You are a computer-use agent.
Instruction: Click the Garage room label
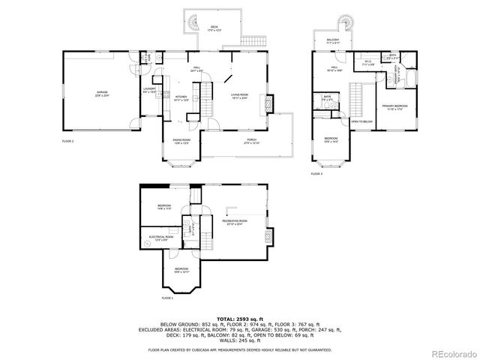[x=101, y=94]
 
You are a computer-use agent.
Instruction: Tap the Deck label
[x=214, y=27]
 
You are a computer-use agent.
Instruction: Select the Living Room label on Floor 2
[x=240, y=95]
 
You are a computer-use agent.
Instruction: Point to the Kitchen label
[x=181, y=97]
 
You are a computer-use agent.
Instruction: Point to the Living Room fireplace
[x=272, y=103]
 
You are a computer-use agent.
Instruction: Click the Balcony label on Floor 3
[x=333, y=40]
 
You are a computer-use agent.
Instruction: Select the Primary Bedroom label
[x=394, y=107]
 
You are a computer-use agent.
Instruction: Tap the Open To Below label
[x=362, y=121]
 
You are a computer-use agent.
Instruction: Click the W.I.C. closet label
[x=368, y=64]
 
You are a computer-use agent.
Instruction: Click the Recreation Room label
[x=235, y=221]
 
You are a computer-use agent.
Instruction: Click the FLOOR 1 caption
[x=167, y=298]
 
